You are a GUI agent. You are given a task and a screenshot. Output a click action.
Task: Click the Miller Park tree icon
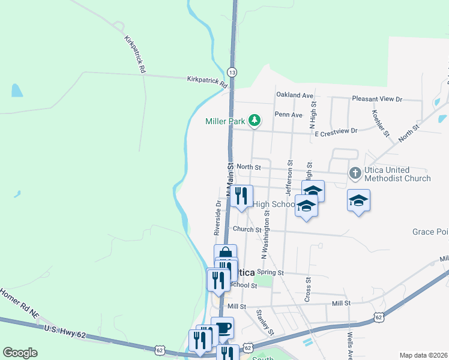pos(255,121)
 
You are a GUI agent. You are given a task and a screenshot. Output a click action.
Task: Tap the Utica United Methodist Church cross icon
pos(355,173)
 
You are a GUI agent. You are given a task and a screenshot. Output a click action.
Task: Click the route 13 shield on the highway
pos(232,71)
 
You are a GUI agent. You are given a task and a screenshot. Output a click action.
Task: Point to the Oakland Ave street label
pos(295,95)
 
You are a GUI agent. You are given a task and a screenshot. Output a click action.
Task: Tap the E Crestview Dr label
pos(336,131)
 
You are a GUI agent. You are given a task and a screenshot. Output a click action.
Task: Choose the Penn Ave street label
pos(288,115)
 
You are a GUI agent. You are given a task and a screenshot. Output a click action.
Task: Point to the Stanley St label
pos(265,322)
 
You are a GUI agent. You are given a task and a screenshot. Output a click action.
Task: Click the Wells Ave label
pos(349,343)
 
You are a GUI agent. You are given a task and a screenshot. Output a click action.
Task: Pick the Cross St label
pos(308,289)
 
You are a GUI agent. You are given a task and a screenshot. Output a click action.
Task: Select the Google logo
pos(20,353)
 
